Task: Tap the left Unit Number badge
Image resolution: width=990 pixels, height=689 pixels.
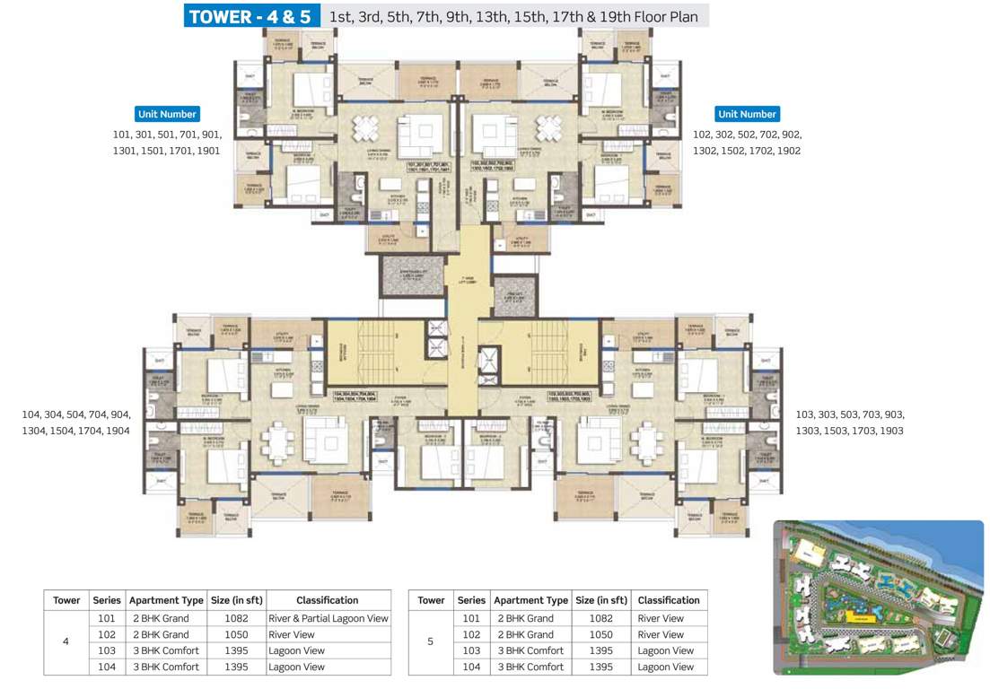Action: click(167, 114)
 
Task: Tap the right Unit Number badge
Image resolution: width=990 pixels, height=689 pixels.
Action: click(747, 114)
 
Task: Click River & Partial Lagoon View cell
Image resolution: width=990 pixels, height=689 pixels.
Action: click(329, 618)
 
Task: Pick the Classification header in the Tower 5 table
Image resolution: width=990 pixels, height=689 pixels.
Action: click(668, 600)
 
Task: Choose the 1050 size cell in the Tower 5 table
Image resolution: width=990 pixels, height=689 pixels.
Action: click(601, 634)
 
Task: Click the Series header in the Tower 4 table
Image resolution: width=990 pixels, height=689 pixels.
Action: click(107, 600)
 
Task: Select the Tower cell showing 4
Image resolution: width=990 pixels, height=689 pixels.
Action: click(66, 642)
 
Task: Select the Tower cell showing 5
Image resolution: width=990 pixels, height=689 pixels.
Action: click(431, 642)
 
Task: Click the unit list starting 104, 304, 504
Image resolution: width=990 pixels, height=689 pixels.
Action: click(76, 423)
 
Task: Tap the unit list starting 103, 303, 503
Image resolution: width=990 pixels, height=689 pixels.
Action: click(850, 423)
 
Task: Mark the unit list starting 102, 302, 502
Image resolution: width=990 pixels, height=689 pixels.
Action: click(747, 143)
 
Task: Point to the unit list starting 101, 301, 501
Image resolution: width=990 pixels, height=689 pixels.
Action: click(167, 143)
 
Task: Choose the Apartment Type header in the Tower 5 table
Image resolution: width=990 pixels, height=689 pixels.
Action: click(530, 600)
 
